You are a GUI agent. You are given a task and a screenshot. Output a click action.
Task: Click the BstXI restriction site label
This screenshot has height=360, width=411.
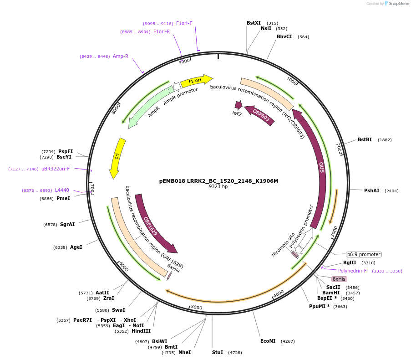(254, 23)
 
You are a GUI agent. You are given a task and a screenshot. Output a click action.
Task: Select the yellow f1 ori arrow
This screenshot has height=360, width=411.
(196, 81)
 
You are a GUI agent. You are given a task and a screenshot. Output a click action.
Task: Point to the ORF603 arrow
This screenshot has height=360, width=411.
(260, 115)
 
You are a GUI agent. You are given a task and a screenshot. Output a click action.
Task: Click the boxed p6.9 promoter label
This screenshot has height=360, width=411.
(364, 254)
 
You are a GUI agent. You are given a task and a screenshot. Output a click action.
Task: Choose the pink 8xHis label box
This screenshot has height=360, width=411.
(339, 279)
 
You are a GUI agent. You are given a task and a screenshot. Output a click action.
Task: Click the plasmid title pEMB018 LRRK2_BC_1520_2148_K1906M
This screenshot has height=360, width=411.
(218, 181)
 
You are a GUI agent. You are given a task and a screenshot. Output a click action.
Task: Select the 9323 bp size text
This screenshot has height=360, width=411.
(218, 187)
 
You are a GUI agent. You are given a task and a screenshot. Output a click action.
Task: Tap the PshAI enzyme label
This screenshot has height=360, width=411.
(371, 191)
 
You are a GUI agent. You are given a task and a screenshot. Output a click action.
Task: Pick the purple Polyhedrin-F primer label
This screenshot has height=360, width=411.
(352, 271)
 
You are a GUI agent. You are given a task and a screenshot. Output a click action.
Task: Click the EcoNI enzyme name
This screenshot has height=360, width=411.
(268, 341)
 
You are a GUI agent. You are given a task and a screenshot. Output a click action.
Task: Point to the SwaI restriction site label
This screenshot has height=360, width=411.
(118, 310)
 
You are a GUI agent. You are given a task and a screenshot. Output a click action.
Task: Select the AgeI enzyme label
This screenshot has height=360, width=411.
(76, 247)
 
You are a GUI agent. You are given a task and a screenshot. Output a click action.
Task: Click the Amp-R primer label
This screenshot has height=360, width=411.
(121, 57)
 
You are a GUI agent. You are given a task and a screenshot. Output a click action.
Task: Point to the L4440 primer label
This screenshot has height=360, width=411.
(62, 190)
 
